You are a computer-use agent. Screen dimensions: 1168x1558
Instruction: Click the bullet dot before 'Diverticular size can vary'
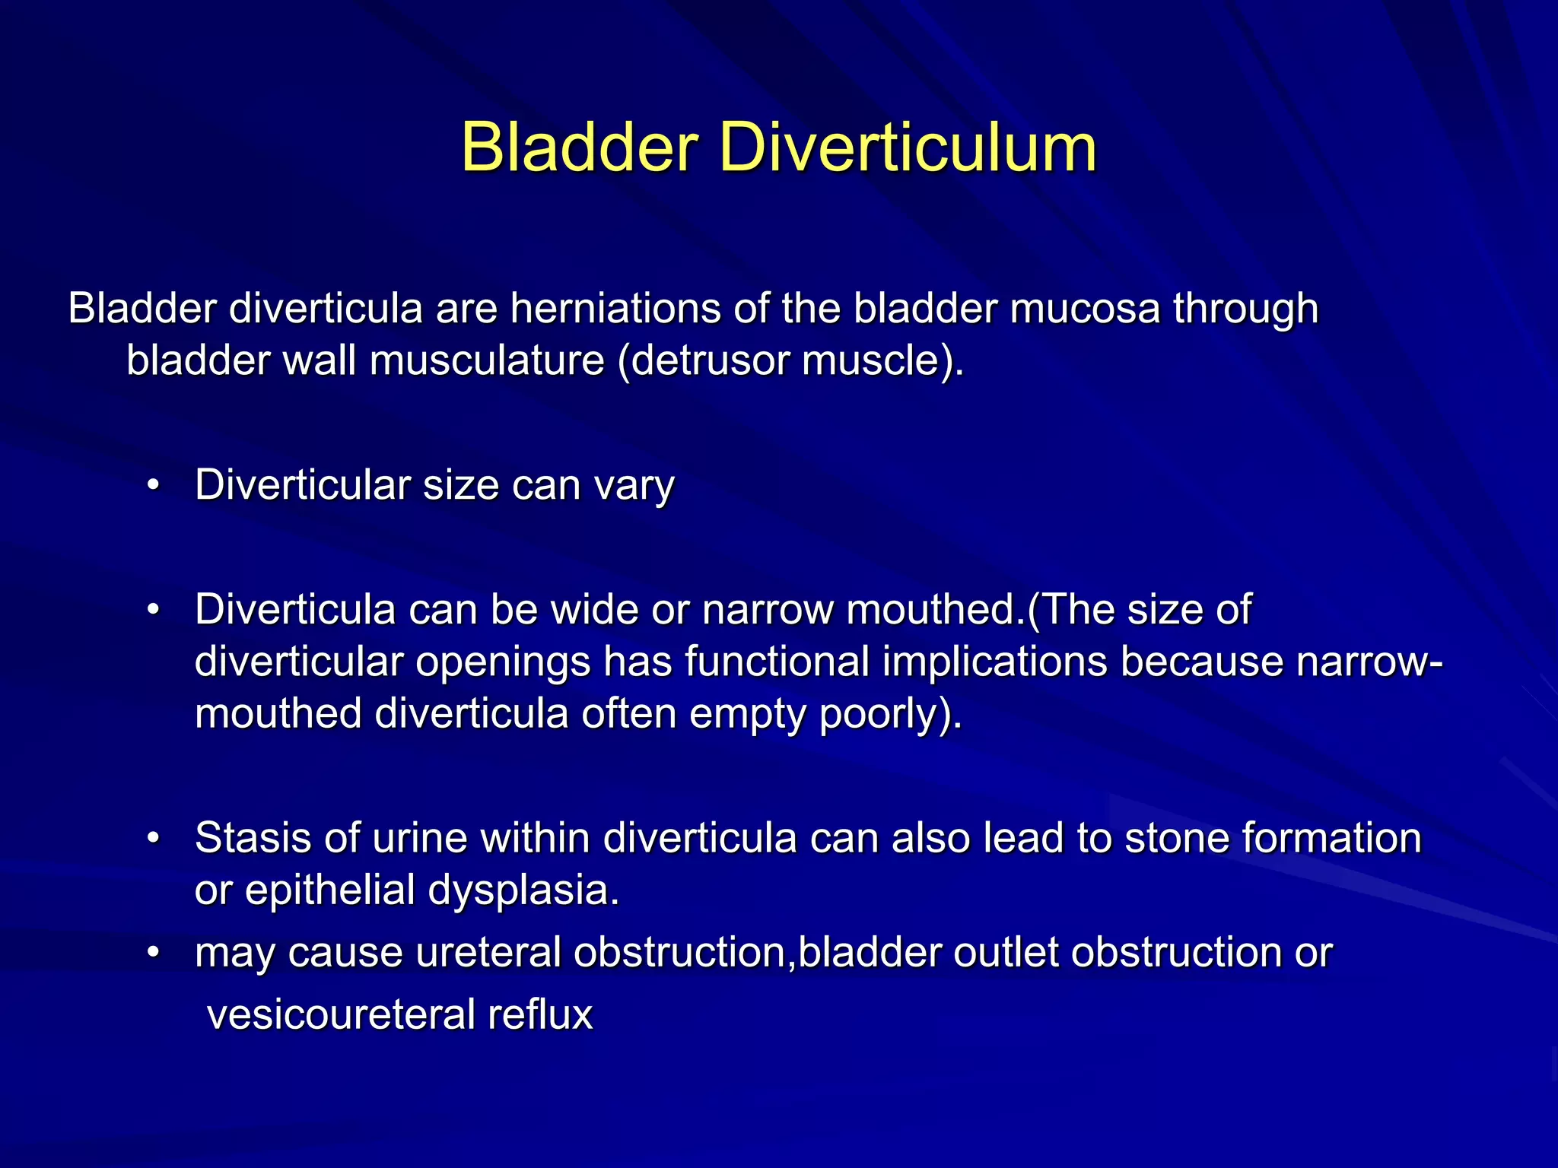pyautogui.click(x=154, y=485)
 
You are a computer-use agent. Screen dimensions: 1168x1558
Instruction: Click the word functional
pyautogui.click(x=777, y=662)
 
